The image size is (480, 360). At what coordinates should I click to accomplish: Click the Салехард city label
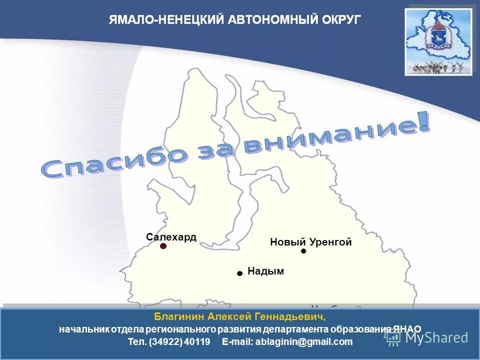pos(171,237)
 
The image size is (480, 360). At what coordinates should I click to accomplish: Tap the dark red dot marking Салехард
pos(163,246)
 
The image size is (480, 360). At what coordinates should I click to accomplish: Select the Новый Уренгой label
pos(310,242)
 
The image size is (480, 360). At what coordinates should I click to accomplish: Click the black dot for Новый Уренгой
pos(303,251)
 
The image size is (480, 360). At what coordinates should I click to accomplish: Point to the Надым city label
pos(265,271)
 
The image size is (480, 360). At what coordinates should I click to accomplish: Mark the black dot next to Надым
pos(239,273)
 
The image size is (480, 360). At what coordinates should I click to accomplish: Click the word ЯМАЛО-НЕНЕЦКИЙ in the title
pos(166,20)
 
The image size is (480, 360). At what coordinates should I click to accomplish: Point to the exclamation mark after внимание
pos(423,123)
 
